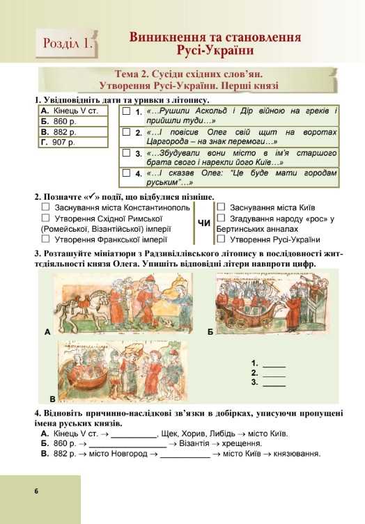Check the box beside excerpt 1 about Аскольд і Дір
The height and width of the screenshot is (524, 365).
pos(126,111)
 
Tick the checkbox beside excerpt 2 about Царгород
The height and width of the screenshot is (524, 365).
pos(126,132)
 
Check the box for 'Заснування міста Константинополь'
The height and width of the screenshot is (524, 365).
pos(45,207)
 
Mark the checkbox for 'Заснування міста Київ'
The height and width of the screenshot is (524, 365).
pos(221,207)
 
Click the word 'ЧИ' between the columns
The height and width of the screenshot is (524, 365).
pos(204,223)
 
